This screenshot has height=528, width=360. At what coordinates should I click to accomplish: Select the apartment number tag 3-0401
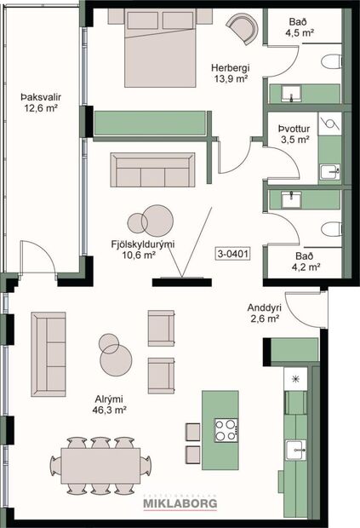[232, 253]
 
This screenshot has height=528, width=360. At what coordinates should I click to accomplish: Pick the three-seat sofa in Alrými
[49, 353]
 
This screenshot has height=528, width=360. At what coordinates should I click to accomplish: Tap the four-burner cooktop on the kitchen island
[225, 430]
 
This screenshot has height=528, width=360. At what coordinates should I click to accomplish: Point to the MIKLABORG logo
[180, 503]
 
